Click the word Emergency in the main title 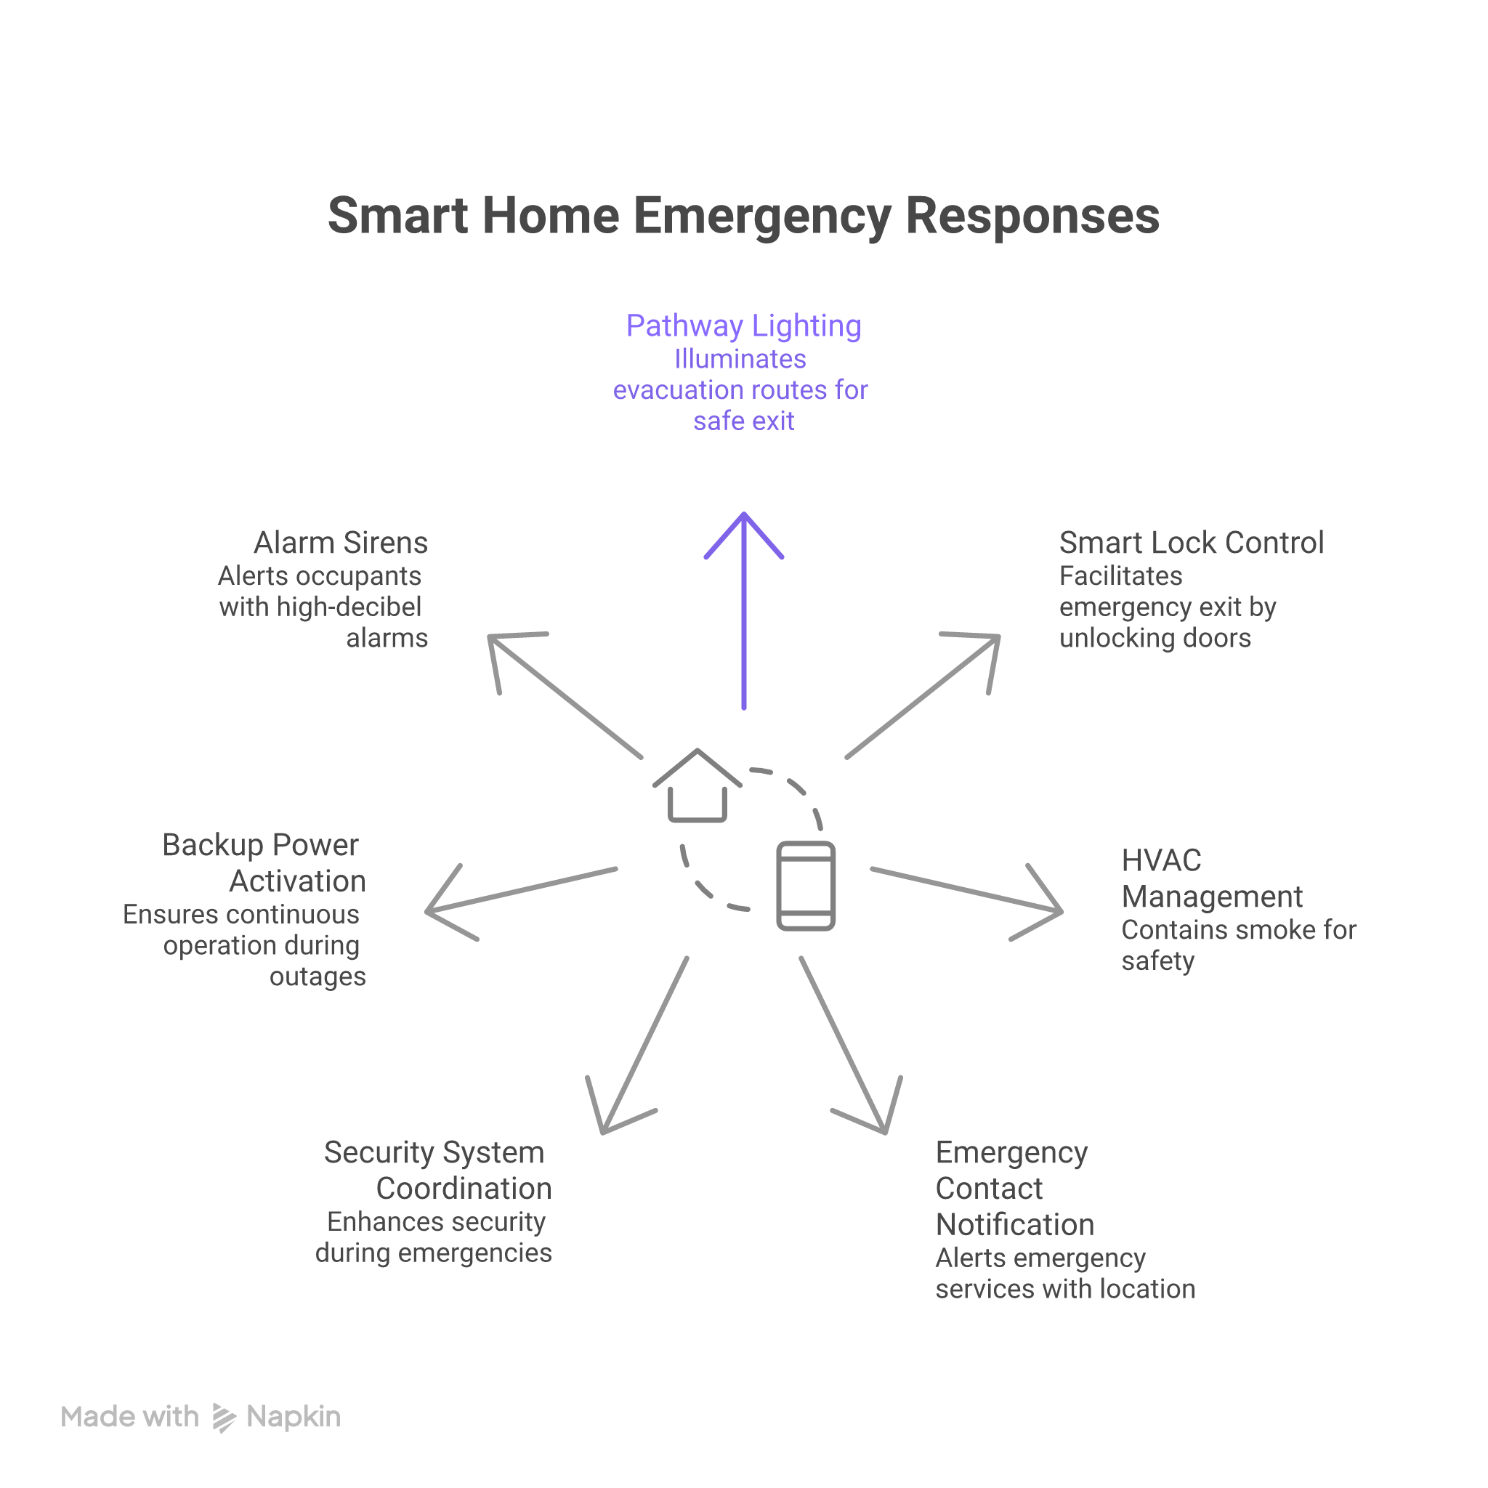click(x=761, y=216)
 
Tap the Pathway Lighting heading click(x=743, y=325)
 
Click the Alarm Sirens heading click(x=341, y=543)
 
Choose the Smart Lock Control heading click(x=1191, y=543)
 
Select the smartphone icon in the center click(x=806, y=886)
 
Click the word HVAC click(x=1160, y=860)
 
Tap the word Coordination click(x=464, y=1189)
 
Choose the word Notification click(x=1014, y=1224)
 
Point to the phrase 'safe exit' click(x=743, y=421)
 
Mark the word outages click(x=318, y=976)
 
